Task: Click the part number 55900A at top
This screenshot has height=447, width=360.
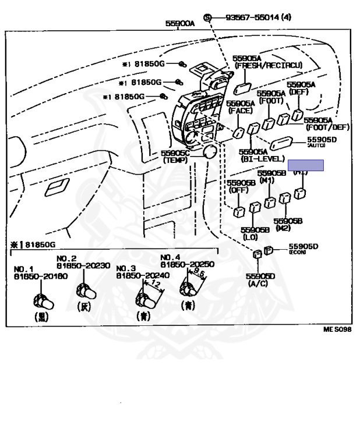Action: [x=180, y=24]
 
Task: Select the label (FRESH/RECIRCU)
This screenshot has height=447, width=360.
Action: [x=269, y=66]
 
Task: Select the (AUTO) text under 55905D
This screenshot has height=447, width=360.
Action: [x=316, y=145]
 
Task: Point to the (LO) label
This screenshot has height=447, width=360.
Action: [x=250, y=237]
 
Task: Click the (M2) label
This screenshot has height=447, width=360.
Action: [x=283, y=228]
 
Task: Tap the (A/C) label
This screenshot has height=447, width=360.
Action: [x=257, y=283]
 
